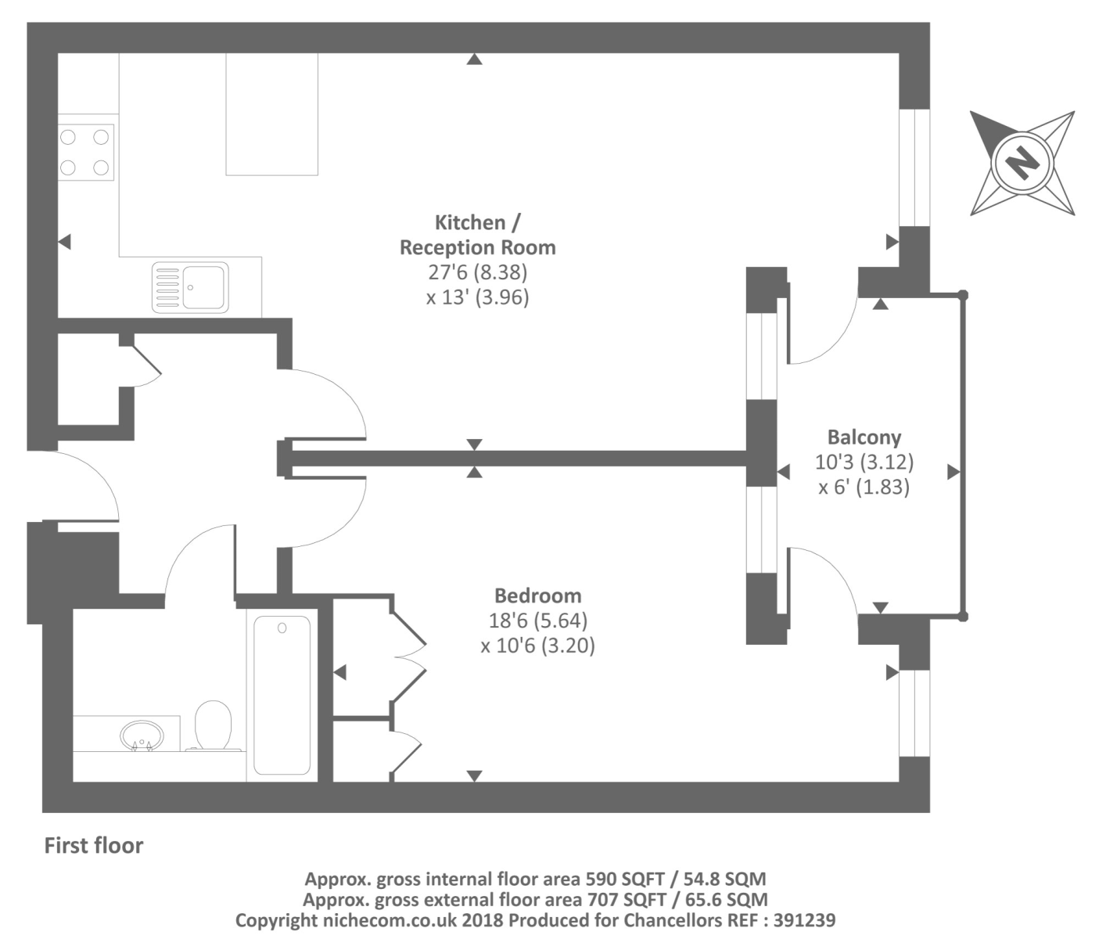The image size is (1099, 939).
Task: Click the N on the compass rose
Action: [x=1022, y=164]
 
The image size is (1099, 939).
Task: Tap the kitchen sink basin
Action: [x=203, y=287]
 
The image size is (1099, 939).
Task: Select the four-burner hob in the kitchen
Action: [x=85, y=153]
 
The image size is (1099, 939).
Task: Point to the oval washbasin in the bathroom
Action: [x=142, y=736]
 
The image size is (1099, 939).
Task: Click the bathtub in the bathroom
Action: [x=282, y=695]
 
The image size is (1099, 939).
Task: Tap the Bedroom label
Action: [x=537, y=595]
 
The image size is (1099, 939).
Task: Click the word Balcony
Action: [x=864, y=437]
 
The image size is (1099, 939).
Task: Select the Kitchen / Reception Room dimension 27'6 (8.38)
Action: [x=477, y=272]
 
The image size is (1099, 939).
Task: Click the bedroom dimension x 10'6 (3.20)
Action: [x=537, y=646]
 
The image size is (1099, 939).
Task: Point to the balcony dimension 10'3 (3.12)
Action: [x=864, y=462]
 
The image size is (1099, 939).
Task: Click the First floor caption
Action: [x=94, y=845]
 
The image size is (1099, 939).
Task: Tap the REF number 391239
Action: [x=804, y=920]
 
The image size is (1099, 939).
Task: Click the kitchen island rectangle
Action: [x=271, y=113]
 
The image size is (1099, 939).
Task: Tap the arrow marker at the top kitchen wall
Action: [x=474, y=59]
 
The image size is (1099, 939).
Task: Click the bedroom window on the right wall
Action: [x=914, y=713]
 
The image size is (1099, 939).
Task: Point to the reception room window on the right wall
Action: [x=914, y=167]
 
